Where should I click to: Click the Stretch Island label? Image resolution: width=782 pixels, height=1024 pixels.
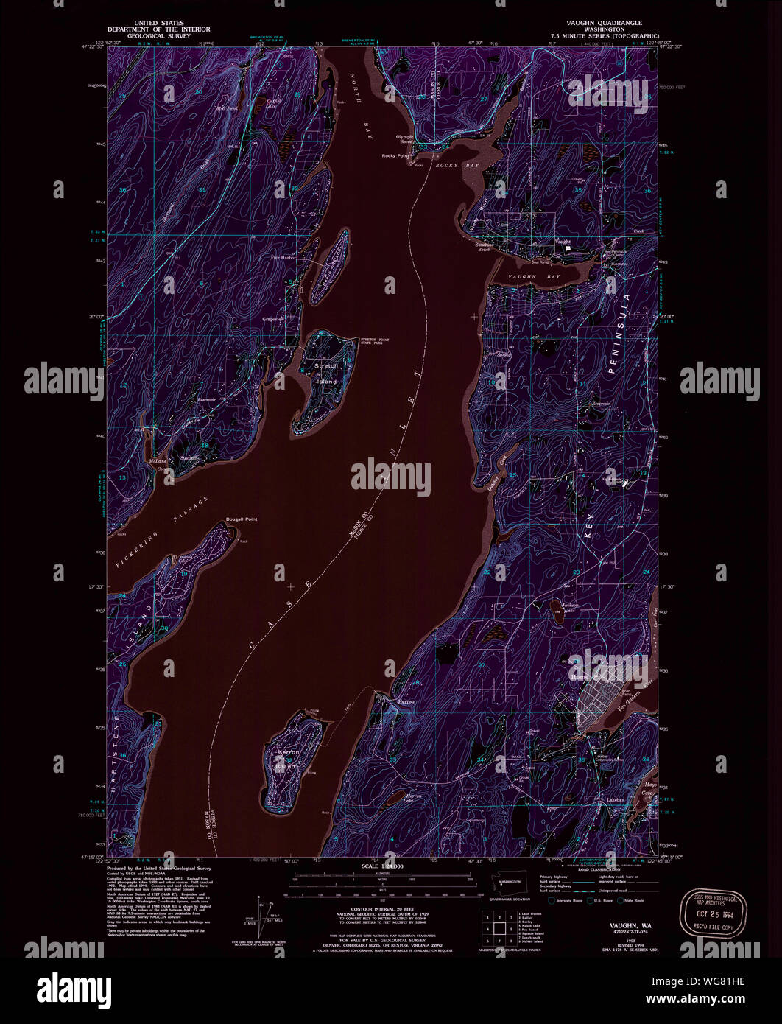pos(326,374)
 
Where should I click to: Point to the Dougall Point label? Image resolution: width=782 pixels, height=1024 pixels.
pos(242,519)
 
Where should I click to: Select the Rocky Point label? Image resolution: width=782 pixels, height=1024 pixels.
pos(395,156)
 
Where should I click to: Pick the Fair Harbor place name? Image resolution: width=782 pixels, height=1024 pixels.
pos(283,258)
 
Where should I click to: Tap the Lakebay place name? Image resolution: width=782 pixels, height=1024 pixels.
pos(617,799)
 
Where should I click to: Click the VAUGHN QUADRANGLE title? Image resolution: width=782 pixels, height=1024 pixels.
pos(600,23)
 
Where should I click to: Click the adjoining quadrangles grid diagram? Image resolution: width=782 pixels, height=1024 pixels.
pos(497,927)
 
